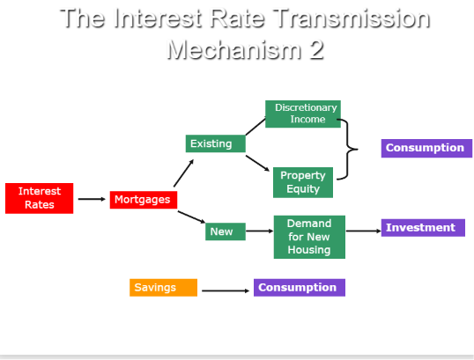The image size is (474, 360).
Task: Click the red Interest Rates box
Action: click(x=40, y=198)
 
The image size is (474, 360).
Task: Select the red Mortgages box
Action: click(x=144, y=200)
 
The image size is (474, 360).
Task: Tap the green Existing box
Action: click(x=215, y=143)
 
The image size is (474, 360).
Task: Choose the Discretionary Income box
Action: click(x=303, y=114)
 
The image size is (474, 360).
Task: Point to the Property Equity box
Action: click(x=303, y=182)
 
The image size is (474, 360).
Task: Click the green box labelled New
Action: click(x=226, y=231)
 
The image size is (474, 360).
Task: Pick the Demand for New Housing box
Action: click(x=309, y=237)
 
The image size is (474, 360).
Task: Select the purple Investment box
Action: click(x=423, y=228)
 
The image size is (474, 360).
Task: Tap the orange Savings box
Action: click(x=163, y=288)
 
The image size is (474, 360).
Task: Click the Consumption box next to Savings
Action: click(x=300, y=288)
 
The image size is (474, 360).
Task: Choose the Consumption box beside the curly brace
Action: click(x=426, y=148)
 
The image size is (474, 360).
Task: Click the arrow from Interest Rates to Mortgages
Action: click(x=92, y=199)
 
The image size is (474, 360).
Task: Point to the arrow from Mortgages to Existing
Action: click(x=183, y=173)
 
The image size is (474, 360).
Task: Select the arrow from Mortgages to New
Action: click(x=191, y=217)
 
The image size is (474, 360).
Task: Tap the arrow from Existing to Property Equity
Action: click(x=257, y=163)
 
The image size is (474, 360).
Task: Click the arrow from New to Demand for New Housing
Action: click(x=259, y=231)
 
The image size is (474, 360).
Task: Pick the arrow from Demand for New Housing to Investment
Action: click(x=363, y=231)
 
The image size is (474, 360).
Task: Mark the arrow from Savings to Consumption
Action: click(x=226, y=290)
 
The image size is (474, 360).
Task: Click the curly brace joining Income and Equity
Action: click(x=348, y=150)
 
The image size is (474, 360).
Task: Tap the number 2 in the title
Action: click(x=317, y=49)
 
